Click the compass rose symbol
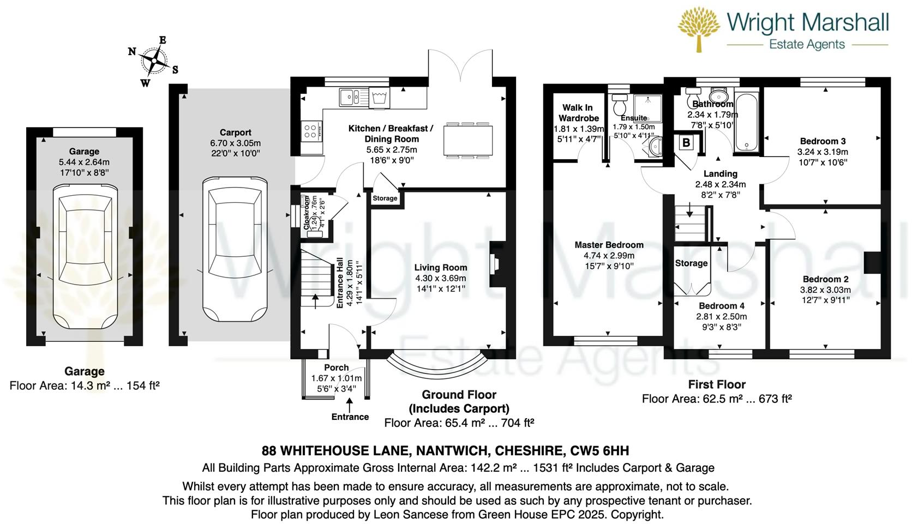[155, 61]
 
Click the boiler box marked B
[686, 143]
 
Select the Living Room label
[440, 268]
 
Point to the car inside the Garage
[84, 256]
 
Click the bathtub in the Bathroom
[746, 122]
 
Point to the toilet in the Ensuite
[620, 104]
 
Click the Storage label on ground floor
[385, 198]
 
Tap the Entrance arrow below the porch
[350, 406]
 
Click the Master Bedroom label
[609, 245]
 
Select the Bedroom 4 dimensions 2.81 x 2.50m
[721, 317]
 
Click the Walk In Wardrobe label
[578, 113]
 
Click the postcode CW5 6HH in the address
[599, 451]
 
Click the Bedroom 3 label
[823, 141]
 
